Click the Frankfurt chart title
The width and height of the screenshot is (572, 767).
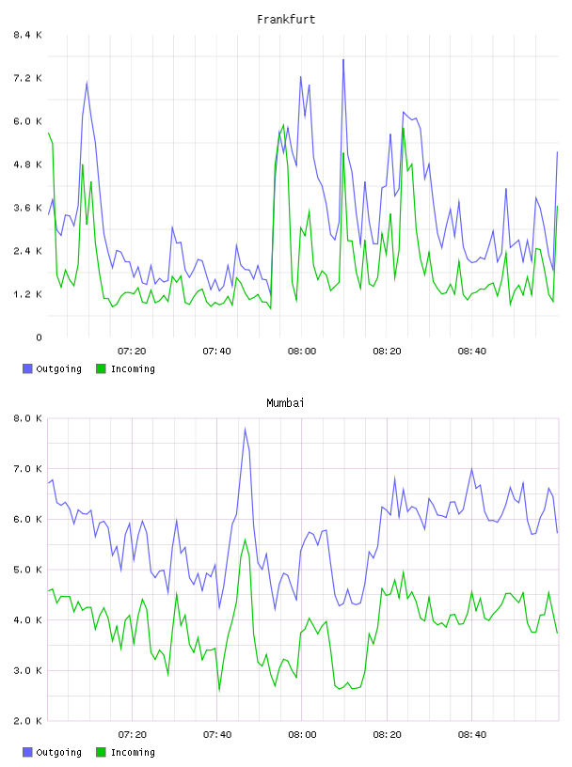click(x=286, y=20)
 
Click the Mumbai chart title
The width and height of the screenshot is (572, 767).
click(x=285, y=403)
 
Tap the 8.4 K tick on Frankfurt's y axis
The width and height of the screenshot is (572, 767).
click(x=27, y=35)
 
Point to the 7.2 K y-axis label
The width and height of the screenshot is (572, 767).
click(x=27, y=78)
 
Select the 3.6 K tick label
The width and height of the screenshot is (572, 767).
click(x=27, y=208)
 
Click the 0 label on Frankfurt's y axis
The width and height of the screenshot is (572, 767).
click(x=39, y=337)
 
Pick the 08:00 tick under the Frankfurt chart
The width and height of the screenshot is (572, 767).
click(x=302, y=352)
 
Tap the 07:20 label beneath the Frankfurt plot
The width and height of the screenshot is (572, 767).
click(x=132, y=352)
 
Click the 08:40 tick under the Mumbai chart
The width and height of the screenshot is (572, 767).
click(x=472, y=735)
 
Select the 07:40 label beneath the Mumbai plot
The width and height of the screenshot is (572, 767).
click(x=217, y=735)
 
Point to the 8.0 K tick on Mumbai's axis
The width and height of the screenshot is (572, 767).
click(x=27, y=418)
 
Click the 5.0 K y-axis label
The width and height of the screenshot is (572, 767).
click(x=27, y=570)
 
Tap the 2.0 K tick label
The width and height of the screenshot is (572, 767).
click(x=27, y=721)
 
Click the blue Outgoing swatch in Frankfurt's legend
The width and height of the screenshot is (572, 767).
click(x=27, y=368)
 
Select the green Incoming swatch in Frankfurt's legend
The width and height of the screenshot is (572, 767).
click(x=101, y=368)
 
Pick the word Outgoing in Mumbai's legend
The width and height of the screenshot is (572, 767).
click(x=58, y=753)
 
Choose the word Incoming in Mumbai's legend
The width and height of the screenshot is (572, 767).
click(x=133, y=753)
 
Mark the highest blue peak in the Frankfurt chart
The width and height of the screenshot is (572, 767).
click(x=343, y=59)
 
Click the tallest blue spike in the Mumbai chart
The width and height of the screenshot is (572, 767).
click(x=245, y=429)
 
